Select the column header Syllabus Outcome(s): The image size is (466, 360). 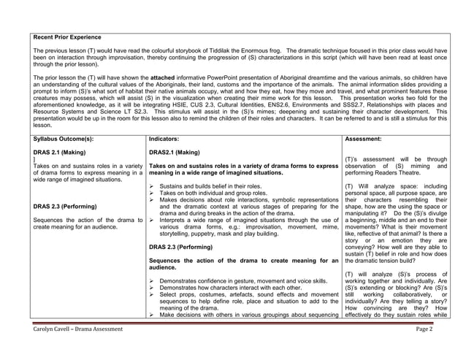pos(64,137)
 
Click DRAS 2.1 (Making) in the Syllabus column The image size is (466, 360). pos(58,152)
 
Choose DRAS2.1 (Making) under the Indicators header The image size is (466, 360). pos(174,152)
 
